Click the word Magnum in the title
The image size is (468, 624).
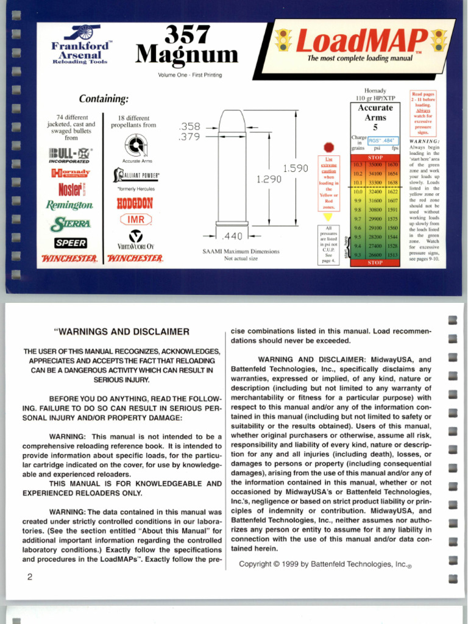186,56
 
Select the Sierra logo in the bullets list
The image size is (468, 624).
71,224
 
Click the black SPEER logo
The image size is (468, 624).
71,243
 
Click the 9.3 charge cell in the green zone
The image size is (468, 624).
358,255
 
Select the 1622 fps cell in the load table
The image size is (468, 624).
392,191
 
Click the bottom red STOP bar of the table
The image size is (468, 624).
375,263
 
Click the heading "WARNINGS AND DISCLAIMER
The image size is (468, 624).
122,332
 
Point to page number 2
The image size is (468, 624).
29,576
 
